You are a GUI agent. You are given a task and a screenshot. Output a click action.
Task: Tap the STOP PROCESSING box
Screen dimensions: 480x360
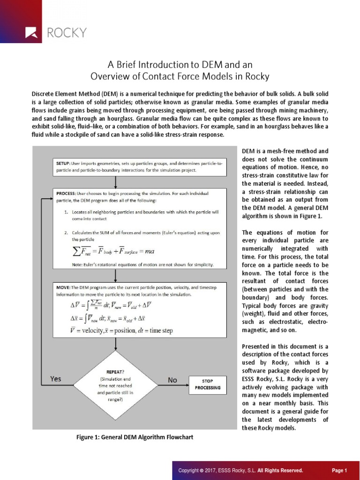pos(207,385)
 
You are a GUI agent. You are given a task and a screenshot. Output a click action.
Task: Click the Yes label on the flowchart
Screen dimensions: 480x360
pos(55,379)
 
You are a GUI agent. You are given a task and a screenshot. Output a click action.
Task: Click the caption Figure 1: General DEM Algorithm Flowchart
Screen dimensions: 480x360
pos(135,437)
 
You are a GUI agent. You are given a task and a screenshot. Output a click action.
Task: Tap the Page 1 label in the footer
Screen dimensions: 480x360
pos(339,470)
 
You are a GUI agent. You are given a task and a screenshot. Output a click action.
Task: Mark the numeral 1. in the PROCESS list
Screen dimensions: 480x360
pos(67,212)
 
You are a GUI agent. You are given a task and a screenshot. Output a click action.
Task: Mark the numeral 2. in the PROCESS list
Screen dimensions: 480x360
pos(67,232)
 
